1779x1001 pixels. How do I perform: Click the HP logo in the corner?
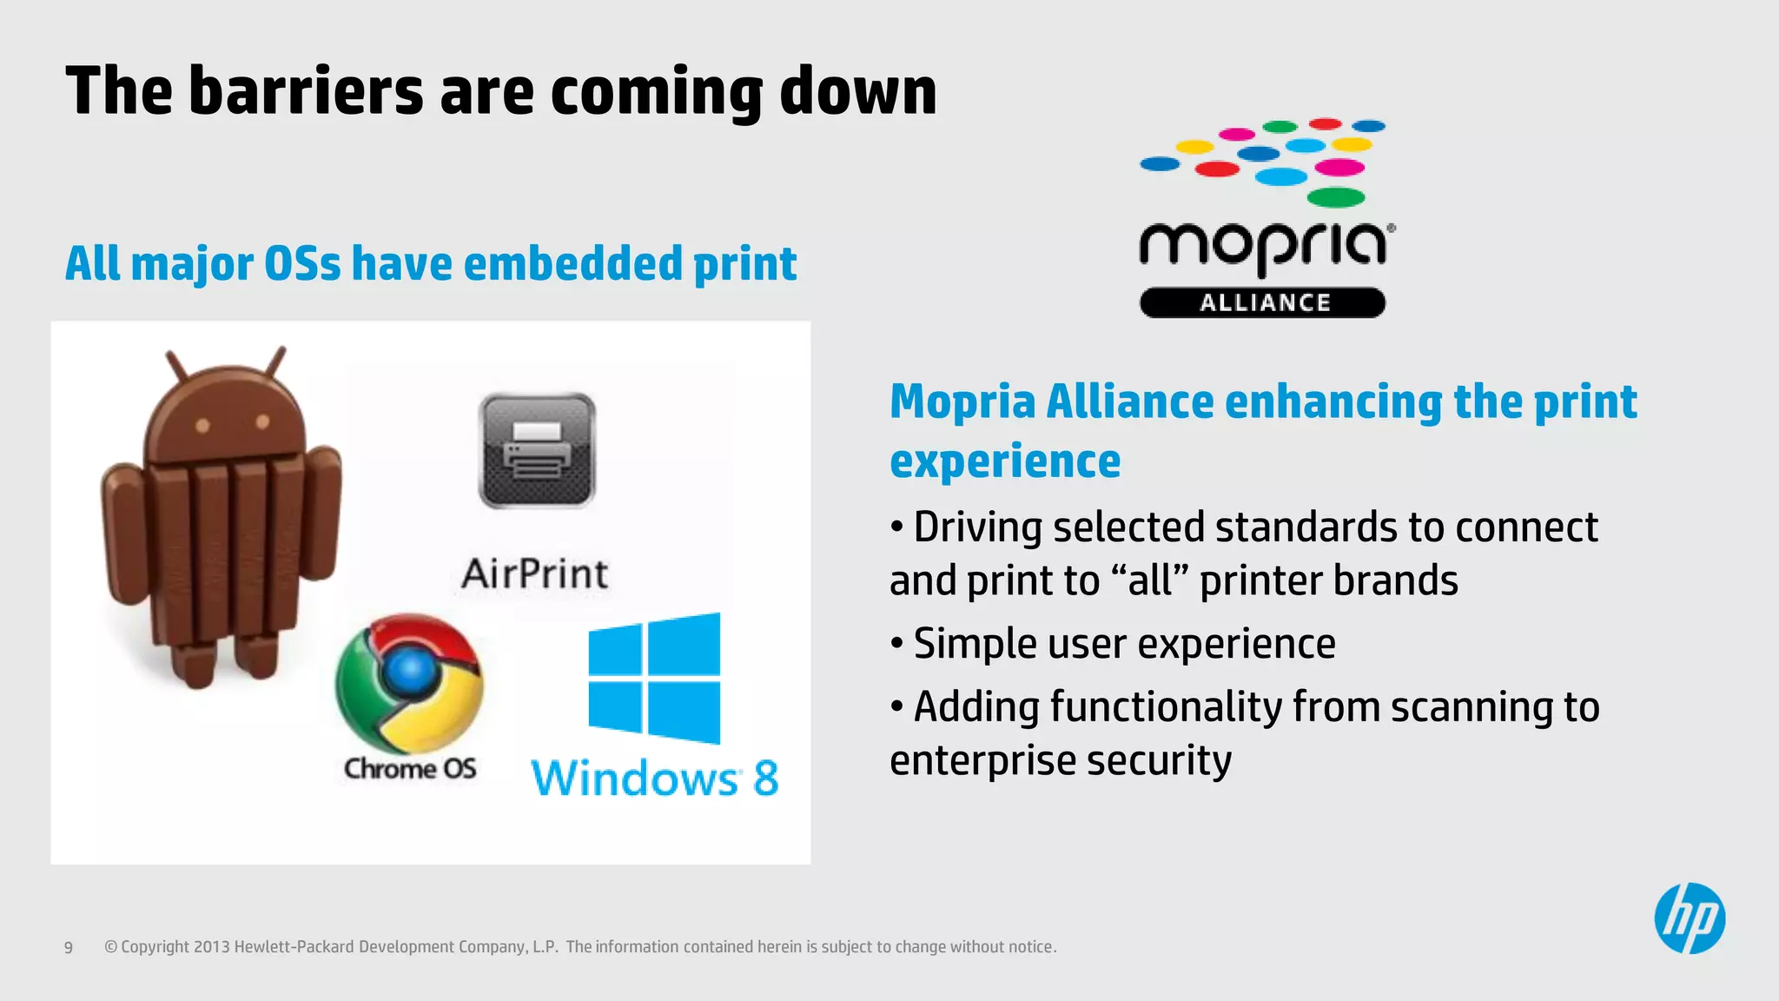1690,918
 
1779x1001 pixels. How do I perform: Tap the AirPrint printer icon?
537,450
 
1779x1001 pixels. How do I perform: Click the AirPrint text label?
535,574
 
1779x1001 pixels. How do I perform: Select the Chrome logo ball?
409,683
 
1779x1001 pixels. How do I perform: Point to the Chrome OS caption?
410,769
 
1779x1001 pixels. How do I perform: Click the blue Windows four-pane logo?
654,679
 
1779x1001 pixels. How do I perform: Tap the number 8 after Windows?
765,778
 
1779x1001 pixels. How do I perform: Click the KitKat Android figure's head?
227,408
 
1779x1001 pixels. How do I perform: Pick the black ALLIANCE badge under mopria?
1263,302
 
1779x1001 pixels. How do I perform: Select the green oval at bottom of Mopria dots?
1335,197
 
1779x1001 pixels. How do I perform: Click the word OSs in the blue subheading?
302,263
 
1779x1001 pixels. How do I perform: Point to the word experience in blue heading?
1005,461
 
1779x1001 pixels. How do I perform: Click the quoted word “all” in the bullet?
1149,580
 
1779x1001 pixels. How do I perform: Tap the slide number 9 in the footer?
69,947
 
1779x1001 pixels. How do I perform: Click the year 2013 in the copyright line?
211,947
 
